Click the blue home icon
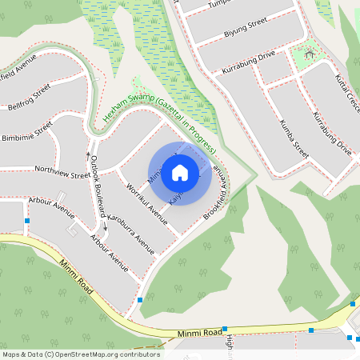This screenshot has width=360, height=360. (180, 173)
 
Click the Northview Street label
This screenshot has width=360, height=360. (58, 172)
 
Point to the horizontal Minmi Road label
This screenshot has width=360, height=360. (200, 331)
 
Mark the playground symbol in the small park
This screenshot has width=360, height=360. (306, 54)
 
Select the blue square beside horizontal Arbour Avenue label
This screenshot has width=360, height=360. (28, 221)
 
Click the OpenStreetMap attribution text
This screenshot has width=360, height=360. (81, 354)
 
